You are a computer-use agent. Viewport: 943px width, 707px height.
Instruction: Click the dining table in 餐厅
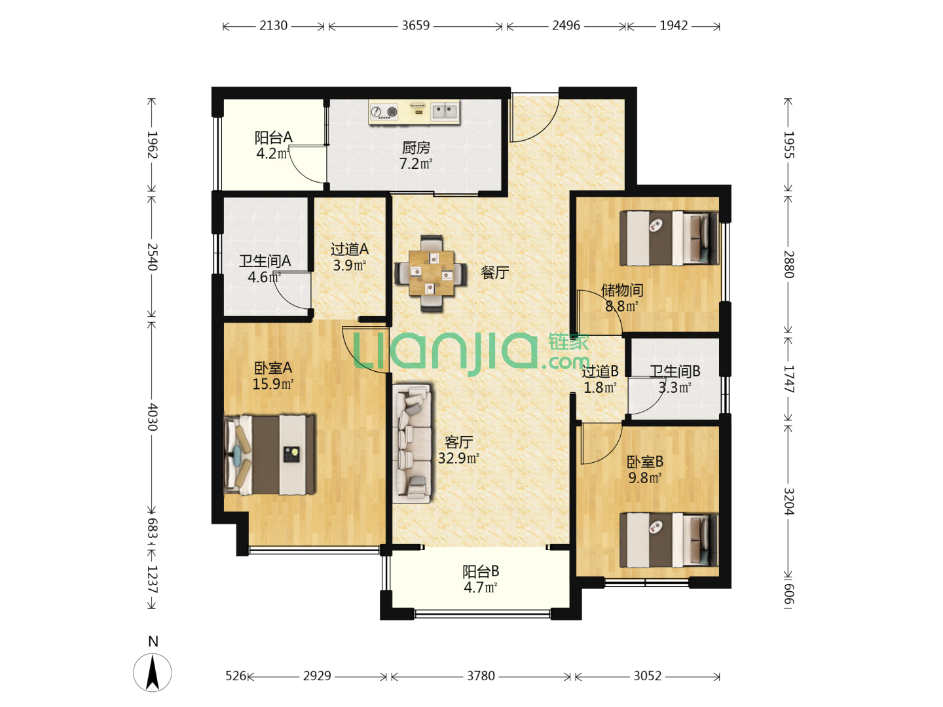(x=431, y=273)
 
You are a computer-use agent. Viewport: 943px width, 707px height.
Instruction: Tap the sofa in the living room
(x=412, y=443)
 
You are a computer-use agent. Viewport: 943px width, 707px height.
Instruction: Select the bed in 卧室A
(x=270, y=455)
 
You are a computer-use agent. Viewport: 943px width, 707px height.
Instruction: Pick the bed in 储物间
(x=669, y=238)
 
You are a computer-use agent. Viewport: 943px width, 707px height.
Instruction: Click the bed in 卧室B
(x=669, y=540)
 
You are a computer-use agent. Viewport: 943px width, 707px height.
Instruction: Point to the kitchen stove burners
(x=384, y=112)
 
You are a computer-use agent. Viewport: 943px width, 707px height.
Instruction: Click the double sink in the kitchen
(x=445, y=111)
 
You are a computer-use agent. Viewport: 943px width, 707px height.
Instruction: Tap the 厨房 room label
(x=416, y=148)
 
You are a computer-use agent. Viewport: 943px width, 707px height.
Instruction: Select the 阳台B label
(x=480, y=571)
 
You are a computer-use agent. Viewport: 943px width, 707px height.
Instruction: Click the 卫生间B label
(x=675, y=371)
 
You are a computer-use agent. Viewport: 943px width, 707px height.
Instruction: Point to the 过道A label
(x=349, y=249)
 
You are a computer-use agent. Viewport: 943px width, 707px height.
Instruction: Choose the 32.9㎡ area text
(x=458, y=458)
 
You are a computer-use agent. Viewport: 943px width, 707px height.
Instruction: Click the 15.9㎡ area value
(x=273, y=384)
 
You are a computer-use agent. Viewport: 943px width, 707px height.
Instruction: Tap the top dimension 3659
(x=415, y=26)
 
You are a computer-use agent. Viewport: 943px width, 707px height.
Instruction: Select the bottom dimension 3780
(x=481, y=676)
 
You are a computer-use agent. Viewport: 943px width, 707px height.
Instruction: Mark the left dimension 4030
(x=152, y=417)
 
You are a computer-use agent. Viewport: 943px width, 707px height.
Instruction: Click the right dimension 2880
(x=788, y=264)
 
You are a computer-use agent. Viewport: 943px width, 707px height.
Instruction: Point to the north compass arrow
(x=153, y=673)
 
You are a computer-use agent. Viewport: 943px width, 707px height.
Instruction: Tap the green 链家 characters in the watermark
(x=568, y=342)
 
